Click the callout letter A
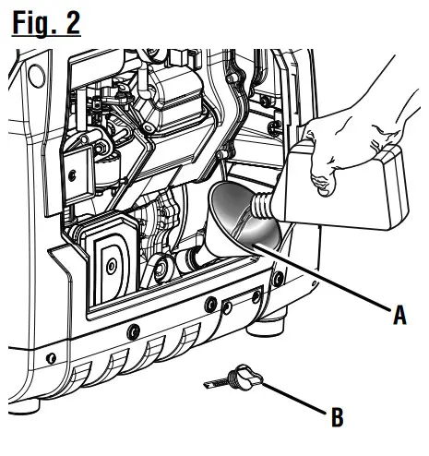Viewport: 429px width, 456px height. point(399,315)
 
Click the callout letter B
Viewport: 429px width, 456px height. point(338,417)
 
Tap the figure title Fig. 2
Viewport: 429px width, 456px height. point(46,23)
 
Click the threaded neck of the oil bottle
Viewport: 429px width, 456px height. point(262,206)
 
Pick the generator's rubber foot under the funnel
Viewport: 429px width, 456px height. point(265,325)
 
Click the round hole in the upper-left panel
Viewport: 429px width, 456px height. point(37,76)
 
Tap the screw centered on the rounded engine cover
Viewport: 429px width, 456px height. point(111,267)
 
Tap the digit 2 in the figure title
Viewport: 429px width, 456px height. point(73,23)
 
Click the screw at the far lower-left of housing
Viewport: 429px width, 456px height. point(51,358)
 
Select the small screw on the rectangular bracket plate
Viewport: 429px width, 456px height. point(72,175)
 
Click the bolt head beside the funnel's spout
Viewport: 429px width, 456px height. point(161,269)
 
